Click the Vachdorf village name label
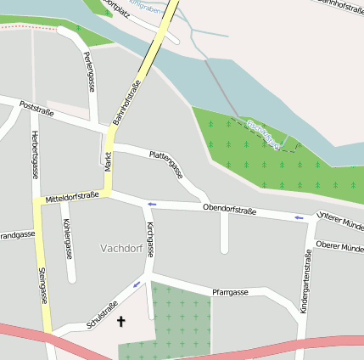coord(120,249)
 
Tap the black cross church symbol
coord(120,322)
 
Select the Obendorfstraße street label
coord(229,209)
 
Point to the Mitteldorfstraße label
coord(72,196)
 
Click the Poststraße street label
coord(36,110)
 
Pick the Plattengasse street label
coord(166,164)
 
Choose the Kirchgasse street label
coord(149,240)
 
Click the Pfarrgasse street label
coord(230,291)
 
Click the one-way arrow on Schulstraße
coord(136,284)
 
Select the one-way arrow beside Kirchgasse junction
coord(152,204)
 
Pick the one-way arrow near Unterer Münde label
coord(299,218)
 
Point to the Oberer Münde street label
coord(339,246)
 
